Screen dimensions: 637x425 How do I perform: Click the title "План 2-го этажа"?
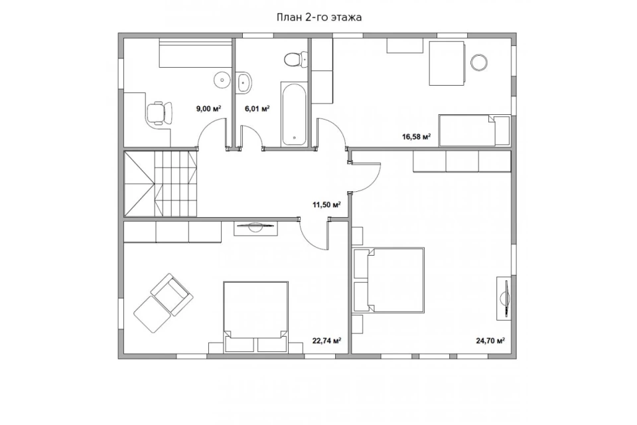tap(319, 17)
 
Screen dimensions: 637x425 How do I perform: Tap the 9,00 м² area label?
tap(208, 109)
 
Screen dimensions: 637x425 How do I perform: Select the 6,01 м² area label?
tap(257, 109)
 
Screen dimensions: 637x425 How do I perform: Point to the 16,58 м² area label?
tap(417, 137)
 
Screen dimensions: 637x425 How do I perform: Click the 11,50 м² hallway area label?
tap(326, 205)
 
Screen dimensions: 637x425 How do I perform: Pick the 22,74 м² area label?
tap(326, 341)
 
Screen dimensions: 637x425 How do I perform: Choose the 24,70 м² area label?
tap(490, 341)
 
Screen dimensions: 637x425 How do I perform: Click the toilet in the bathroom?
tap(295, 59)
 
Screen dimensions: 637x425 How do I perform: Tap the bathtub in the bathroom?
tap(294, 114)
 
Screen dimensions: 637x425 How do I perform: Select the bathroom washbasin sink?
tap(244, 82)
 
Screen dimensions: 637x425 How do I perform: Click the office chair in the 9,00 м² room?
tap(159, 113)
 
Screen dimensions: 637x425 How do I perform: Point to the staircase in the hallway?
tap(161, 184)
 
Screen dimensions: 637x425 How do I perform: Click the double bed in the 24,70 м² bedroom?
tap(389, 280)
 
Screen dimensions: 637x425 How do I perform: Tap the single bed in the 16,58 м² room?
tap(474, 130)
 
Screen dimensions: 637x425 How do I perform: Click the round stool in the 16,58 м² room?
tap(479, 62)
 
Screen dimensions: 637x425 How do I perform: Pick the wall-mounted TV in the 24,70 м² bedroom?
tap(504, 298)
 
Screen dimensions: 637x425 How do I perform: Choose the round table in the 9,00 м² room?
tap(222, 79)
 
